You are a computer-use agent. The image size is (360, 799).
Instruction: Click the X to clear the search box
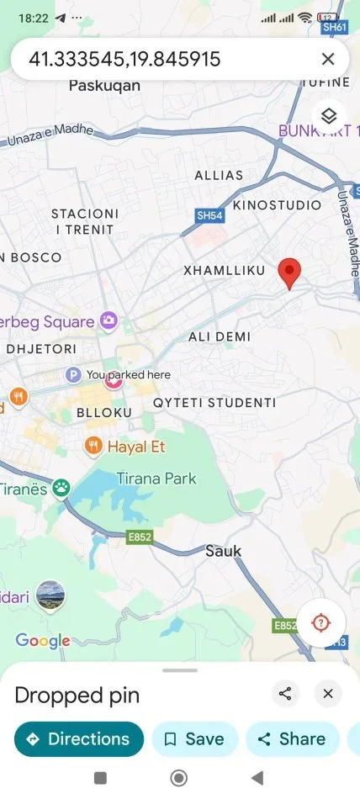[x=328, y=59]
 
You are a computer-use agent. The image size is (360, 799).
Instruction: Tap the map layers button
[x=329, y=115]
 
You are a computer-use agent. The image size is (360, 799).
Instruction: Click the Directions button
[x=79, y=739]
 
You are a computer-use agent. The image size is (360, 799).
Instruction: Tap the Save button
[x=194, y=739]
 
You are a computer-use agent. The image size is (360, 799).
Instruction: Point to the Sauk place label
[x=223, y=551]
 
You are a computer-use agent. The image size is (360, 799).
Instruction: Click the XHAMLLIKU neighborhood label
[x=225, y=270]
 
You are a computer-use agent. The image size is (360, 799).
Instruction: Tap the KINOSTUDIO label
[x=277, y=205]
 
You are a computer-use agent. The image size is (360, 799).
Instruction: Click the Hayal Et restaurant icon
[x=93, y=446]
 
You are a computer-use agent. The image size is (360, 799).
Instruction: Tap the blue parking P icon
[x=74, y=374]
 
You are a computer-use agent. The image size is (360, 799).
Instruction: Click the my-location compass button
[x=320, y=623]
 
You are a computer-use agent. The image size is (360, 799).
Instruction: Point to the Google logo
[x=43, y=642]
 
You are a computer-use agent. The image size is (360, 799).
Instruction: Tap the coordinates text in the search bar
[x=124, y=59]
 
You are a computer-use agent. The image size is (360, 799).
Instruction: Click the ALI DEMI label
[x=219, y=336]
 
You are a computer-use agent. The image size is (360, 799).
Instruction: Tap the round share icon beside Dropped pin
[x=286, y=694]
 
